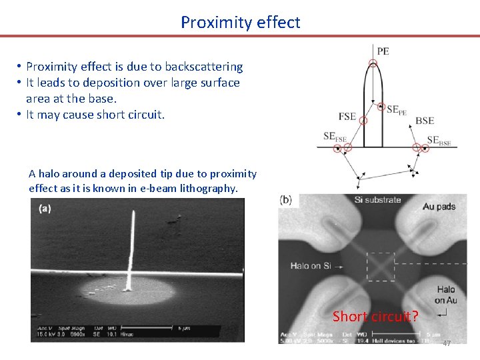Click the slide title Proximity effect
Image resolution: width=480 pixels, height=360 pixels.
pyautogui.click(x=240, y=22)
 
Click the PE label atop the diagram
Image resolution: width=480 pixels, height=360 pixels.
pyautogui.click(x=383, y=51)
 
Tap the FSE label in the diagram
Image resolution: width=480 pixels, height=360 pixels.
pyautogui.click(x=347, y=116)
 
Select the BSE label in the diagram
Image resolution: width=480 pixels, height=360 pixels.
pyautogui.click(x=425, y=121)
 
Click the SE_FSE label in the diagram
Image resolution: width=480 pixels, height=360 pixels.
pyautogui.click(x=335, y=137)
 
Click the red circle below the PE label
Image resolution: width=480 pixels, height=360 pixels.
pyautogui.click(x=373, y=65)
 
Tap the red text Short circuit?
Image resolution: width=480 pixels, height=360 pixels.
pyautogui.click(x=375, y=316)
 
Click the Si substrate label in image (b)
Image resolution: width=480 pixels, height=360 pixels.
pyautogui.click(x=377, y=199)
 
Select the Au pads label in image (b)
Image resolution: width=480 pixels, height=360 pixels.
pyautogui.click(x=439, y=206)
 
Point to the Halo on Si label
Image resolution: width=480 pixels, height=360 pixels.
pyautogui.click(x=311, y=266)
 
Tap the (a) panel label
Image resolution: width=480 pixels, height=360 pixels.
pyautogui.click(x=45, y=209)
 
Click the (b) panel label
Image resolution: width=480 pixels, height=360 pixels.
pyautogui.click(x=286, y=199)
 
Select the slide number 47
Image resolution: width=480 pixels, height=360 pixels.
pyautogui.click(x=446, y=343)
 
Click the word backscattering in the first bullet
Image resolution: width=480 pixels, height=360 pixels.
pyautogui.click(x=203, y=67)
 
